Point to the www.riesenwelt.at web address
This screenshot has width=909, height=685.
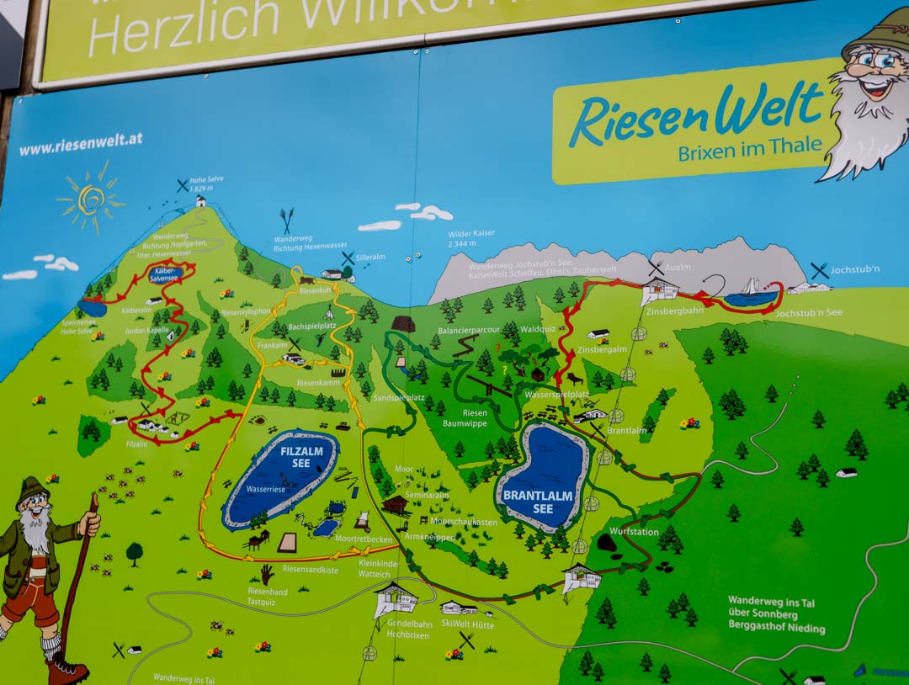(80, 144)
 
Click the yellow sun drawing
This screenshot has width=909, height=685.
(91, 199)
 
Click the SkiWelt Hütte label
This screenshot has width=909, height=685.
(467, 624)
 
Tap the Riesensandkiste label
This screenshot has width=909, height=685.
(311, 569)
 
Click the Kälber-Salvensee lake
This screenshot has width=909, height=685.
(166, 273)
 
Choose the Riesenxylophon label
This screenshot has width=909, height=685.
(246, 311)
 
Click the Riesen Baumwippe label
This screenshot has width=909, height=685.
(475, 418)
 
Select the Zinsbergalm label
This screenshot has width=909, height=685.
(603, 349)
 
